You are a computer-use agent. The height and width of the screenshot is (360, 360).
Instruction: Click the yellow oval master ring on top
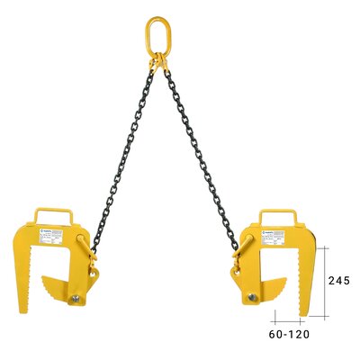pyautogui.click(x=158, y=34)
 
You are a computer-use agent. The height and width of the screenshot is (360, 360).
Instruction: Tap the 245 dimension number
pyautogui.click(x=338, y=280)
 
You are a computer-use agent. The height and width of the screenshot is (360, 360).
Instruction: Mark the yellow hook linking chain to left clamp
pyautogui.click(x=87, y=248)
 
